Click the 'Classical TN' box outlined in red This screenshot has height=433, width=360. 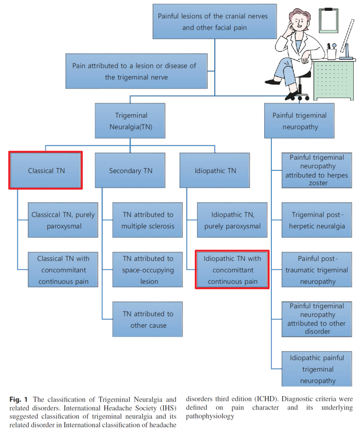46,170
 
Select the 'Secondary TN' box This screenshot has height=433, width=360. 130,170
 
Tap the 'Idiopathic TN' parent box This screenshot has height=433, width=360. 215,170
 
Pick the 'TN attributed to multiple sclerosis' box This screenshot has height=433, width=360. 148,220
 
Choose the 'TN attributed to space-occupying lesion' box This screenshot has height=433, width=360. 148,270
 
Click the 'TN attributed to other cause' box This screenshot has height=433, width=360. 148,319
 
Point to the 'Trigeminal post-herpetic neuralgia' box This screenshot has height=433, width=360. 317,220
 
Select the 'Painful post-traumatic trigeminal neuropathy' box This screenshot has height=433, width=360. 317,270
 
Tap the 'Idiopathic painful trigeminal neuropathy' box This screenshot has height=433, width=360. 317,369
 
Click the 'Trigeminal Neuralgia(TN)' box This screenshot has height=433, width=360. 130,121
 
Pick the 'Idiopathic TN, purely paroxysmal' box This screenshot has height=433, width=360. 232,220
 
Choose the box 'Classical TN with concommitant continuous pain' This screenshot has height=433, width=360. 63,270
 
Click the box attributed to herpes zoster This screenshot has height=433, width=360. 317,170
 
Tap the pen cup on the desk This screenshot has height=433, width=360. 332,53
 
